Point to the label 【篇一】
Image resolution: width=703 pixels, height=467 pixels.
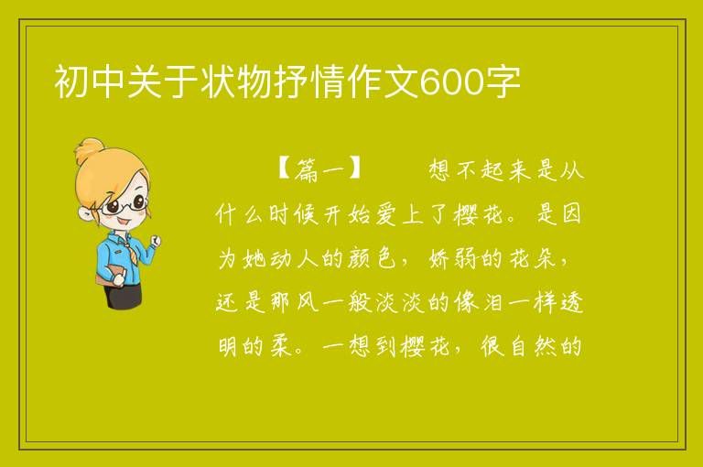tap(319, 169)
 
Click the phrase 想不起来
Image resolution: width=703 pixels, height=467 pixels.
tap(479, 169)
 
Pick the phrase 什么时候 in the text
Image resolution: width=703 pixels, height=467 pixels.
tap(266, 214)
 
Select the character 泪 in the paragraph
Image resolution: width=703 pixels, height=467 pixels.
tap(492, 302)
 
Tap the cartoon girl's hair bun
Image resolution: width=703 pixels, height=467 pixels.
tap(89, 150)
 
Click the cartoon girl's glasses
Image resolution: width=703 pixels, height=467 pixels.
tap(123, 205)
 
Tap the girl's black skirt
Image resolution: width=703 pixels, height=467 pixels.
tap(123, 296)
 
